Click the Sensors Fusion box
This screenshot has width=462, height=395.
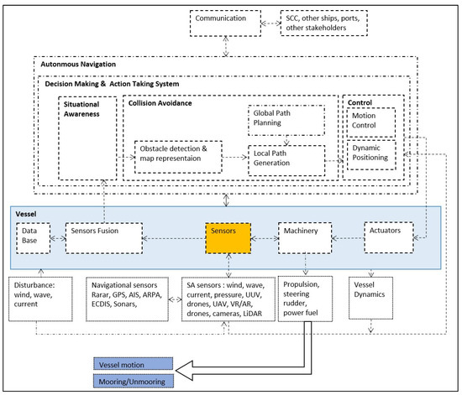94,239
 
